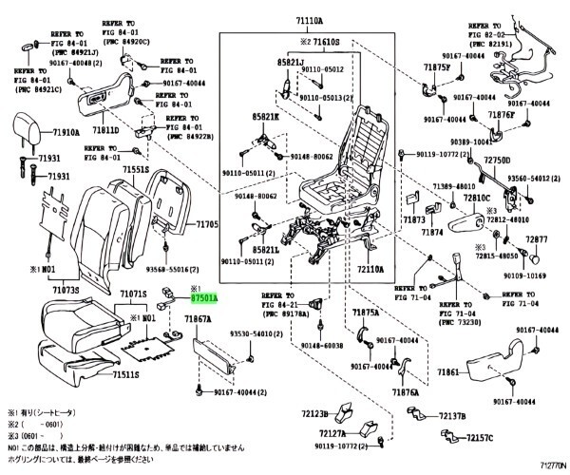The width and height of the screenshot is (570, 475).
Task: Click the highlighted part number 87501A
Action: [201, 298]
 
